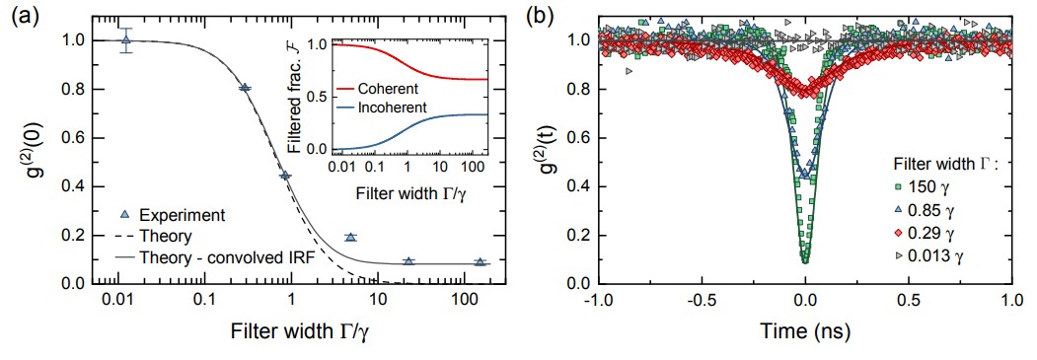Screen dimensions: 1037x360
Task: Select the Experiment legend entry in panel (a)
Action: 175,215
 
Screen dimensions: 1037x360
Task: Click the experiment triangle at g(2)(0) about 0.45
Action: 286,175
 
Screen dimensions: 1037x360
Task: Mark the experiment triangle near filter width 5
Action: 350,237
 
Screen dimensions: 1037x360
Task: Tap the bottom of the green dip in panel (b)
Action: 805,260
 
